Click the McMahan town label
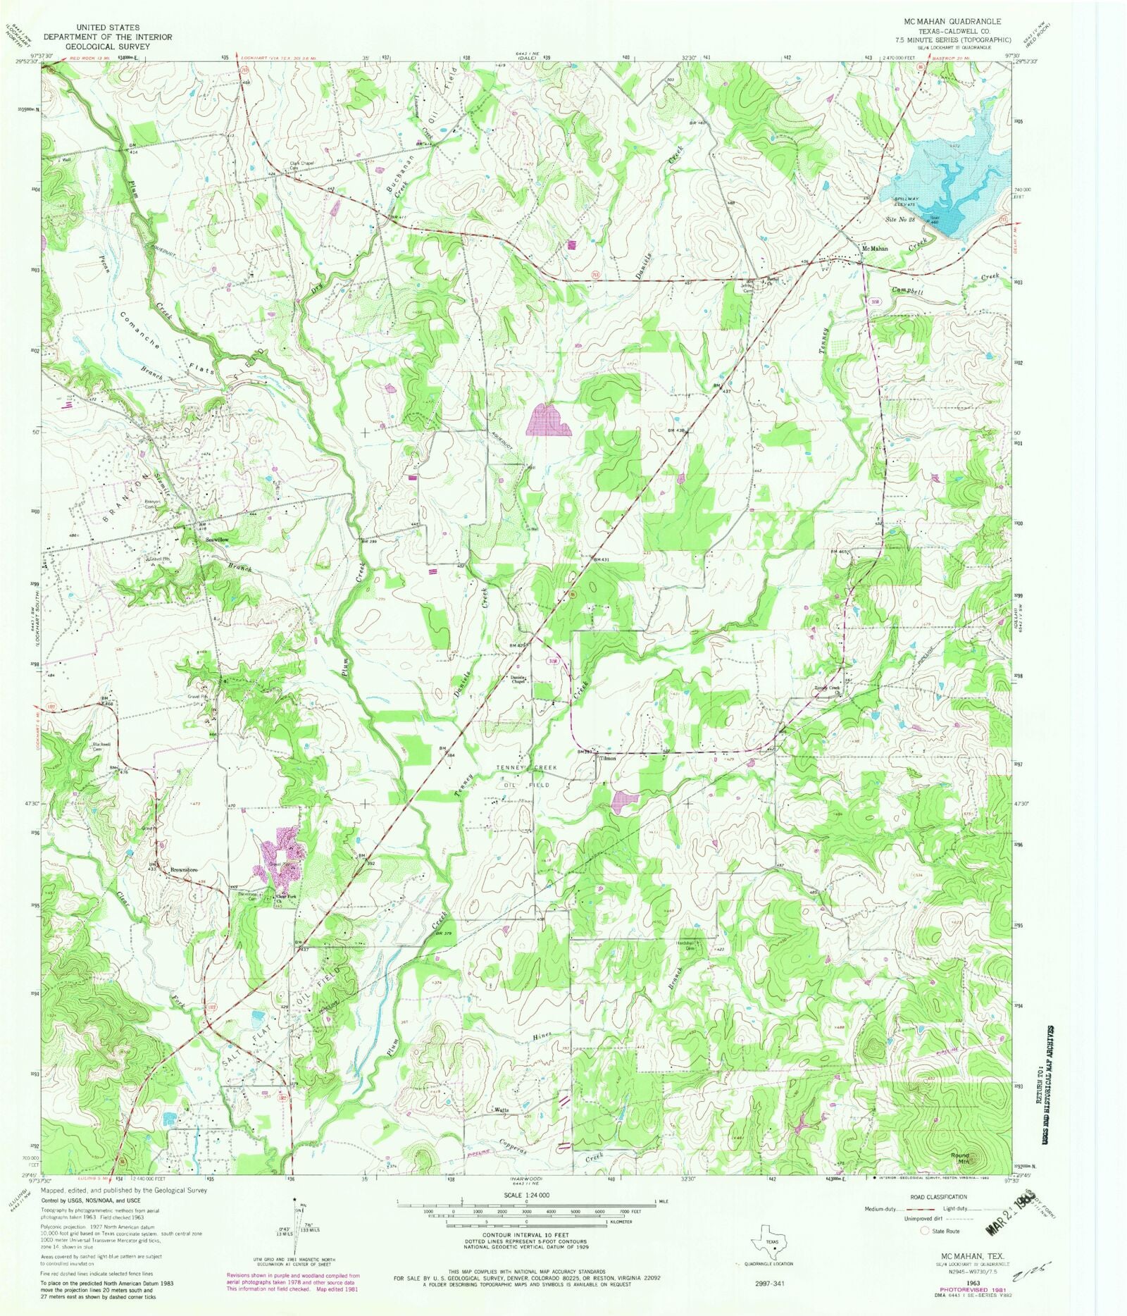(x=876, y=249)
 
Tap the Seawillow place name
(x=217, y=539)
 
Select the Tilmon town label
(x=608, y=758)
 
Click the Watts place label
(x=502, y=1110)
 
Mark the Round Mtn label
(x=960, y=1157)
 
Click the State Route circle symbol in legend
(x=925, y=1231)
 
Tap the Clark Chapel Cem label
(x=302, y=166)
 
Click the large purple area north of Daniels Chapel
(x=549, y=421)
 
